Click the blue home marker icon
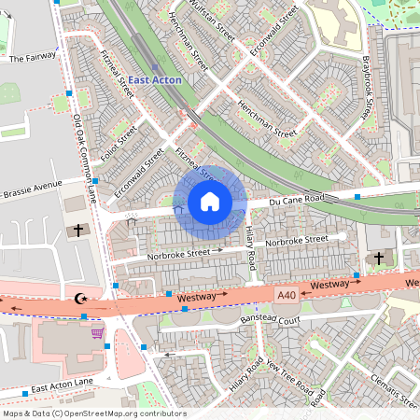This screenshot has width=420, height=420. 210,202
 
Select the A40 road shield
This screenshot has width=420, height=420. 287,295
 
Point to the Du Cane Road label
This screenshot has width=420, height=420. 296,199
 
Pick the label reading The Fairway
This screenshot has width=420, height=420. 33,58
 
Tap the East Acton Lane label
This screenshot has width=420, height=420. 63,386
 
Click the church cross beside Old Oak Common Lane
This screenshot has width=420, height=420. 78,229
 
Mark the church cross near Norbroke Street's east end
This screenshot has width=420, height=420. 378,257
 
